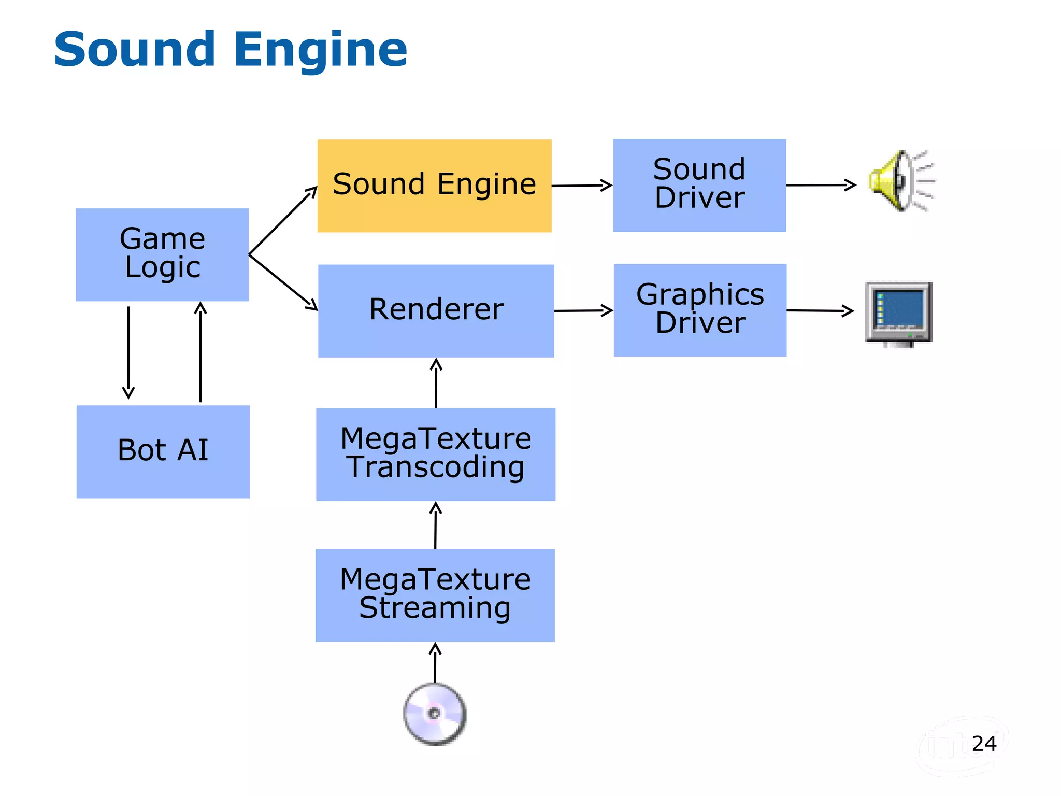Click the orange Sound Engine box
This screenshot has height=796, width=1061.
[x=434, y=186]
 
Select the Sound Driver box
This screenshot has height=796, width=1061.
[x=699, y=185]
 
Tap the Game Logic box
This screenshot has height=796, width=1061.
[x=162, y=254]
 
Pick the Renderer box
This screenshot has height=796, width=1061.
[x=436, y=310]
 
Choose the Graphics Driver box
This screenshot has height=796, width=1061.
[x=700, y=310]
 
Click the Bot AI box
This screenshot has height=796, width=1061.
[x=163, y=451]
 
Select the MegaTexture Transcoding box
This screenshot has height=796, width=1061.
[x=436, y=454]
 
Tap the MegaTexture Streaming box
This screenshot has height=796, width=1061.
[x=435, y=595]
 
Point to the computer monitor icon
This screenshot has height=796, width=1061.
[x=899, y=314]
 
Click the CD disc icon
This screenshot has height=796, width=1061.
[x=435, y=714]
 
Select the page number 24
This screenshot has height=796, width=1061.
[x=984, y=744]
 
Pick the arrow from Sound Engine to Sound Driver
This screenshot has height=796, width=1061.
[x=582, y=186]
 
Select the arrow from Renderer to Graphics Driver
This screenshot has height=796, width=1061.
[x=583, y=310]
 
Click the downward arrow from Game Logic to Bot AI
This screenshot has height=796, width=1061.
[x=128, y=352]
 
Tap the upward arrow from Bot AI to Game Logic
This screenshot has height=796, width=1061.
[x=200, y=352]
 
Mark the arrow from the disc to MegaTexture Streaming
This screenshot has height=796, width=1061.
[x=435, y=663]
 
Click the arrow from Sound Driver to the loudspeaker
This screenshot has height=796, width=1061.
[x=821, y=185]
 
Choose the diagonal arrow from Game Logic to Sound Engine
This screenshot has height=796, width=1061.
[x=283, y=221]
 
